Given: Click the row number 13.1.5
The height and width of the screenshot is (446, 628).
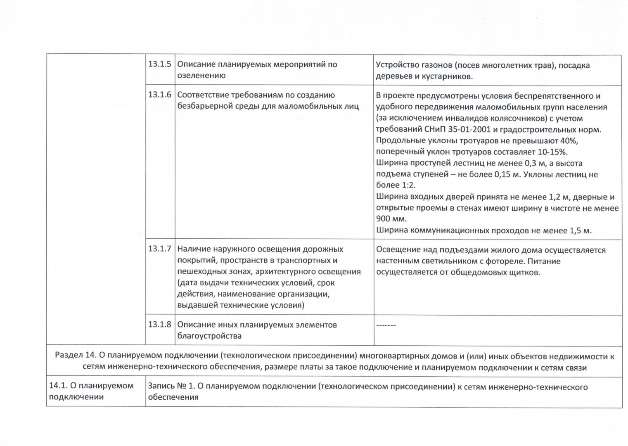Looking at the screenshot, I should point(159,64).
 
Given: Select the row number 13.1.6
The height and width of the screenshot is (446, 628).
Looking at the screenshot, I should point(159,95).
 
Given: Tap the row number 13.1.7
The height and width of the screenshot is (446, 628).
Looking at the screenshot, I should point(159,249).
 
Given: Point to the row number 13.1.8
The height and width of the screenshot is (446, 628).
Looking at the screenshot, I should point(159,325).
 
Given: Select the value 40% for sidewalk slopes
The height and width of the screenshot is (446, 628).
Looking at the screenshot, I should point(569,141).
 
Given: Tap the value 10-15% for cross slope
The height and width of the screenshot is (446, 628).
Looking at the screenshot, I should point(552,152).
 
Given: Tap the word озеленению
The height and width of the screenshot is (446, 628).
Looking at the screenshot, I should point(201,76).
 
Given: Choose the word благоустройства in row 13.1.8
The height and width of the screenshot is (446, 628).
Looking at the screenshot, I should point(209,336).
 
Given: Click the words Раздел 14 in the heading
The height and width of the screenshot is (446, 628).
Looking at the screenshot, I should point(75,356).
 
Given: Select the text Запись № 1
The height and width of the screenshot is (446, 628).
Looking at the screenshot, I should point(171,387).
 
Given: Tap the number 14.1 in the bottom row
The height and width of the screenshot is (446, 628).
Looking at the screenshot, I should point(57,386).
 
